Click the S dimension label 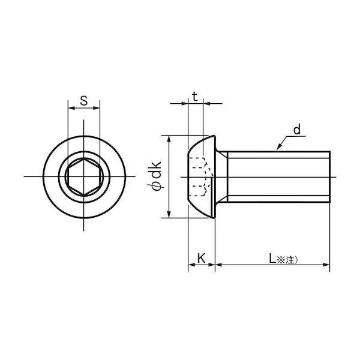coord(84,101)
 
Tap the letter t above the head coord(195,97)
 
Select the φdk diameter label coord(157,176)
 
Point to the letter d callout coord(297,130)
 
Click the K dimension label coord(202,258)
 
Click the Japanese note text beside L coord(287,260)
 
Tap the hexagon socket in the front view coord(84,177)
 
